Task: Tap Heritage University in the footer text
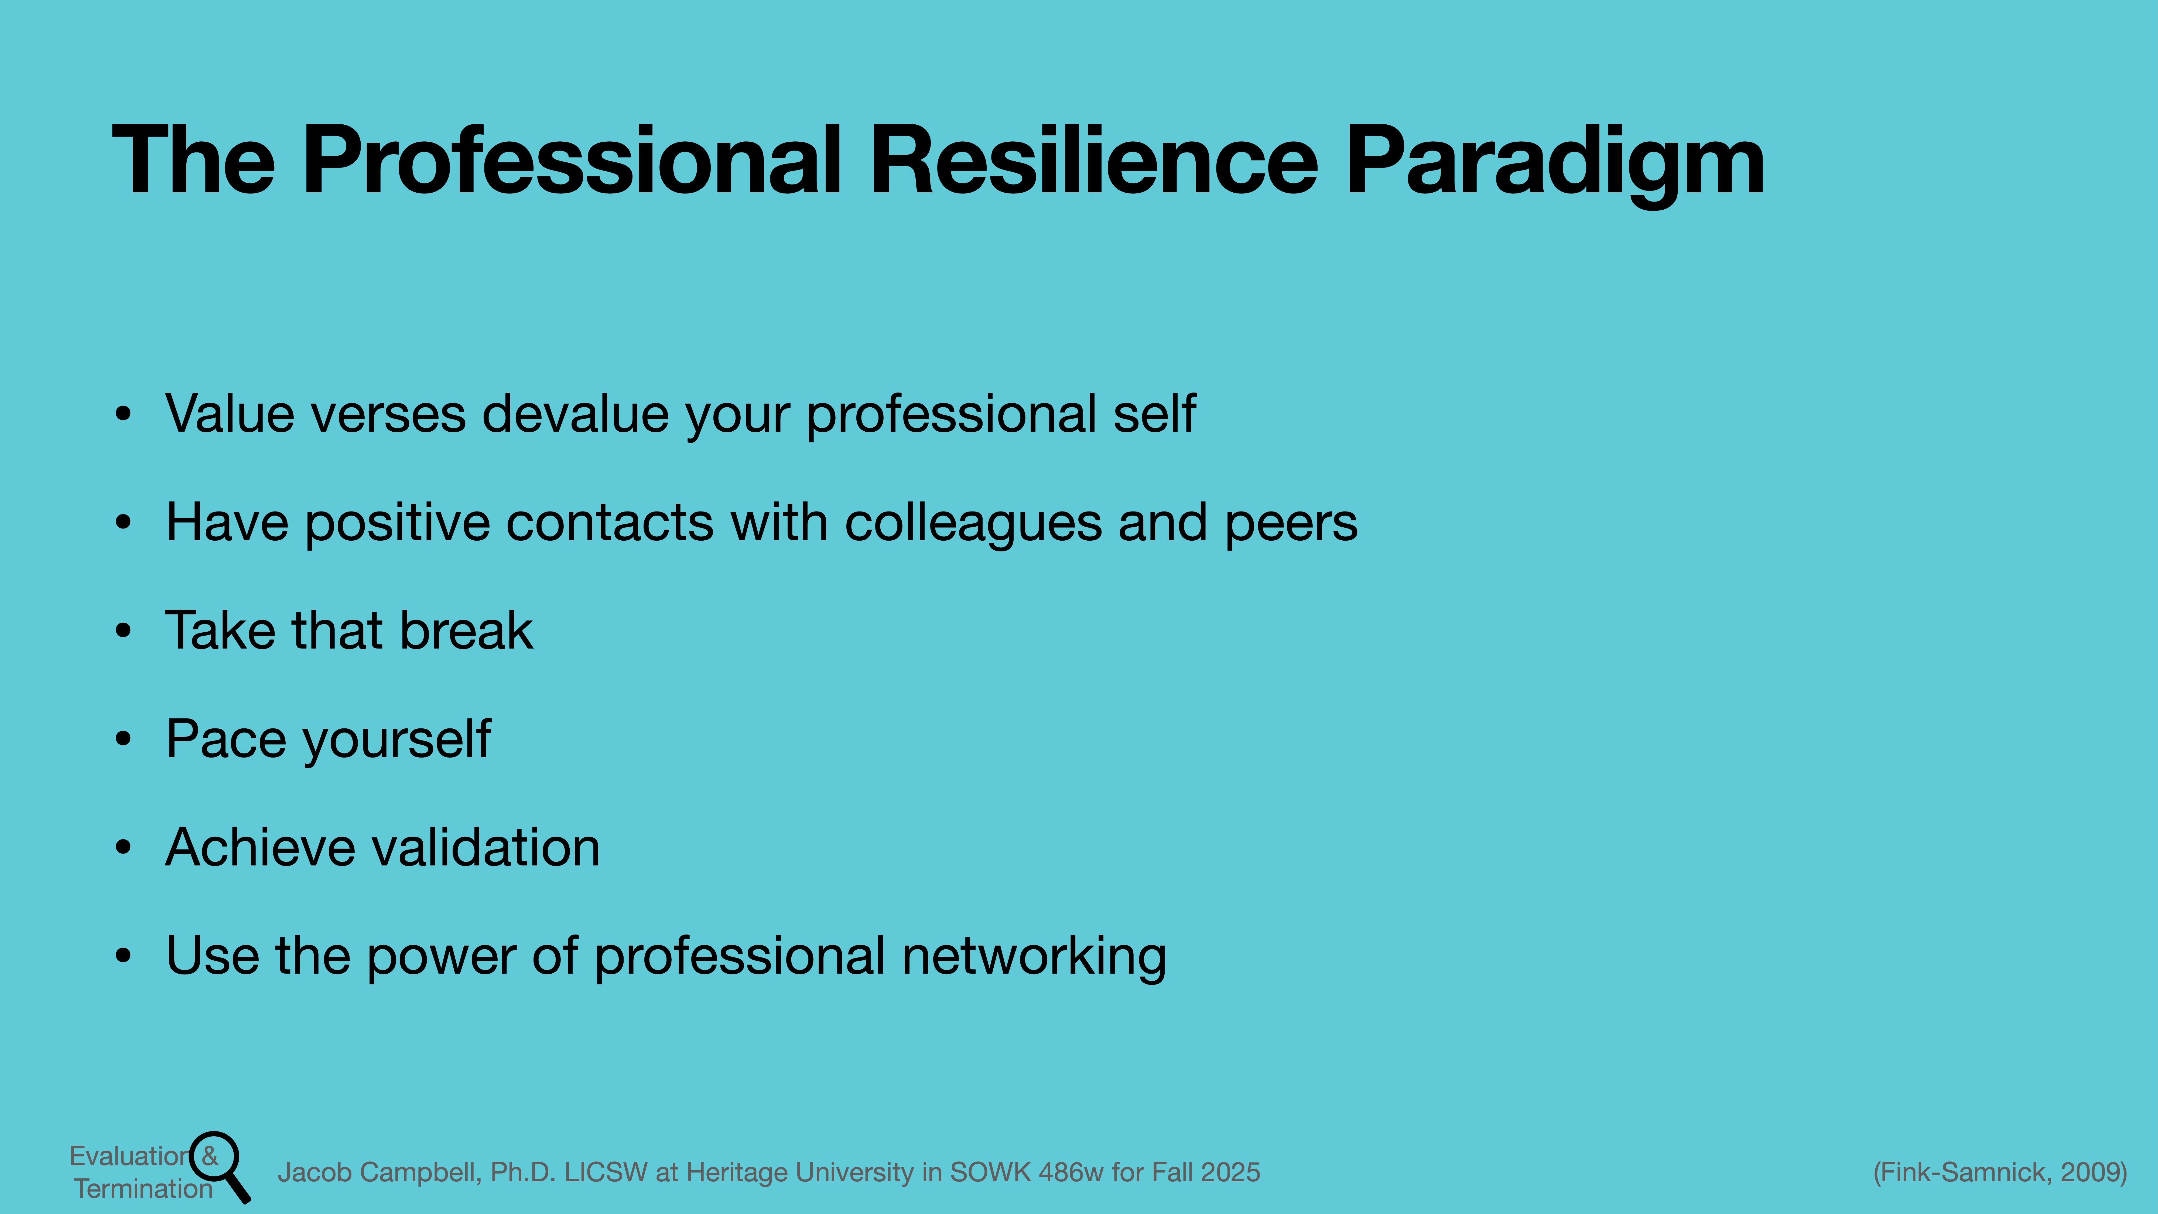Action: click(800, 1172)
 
